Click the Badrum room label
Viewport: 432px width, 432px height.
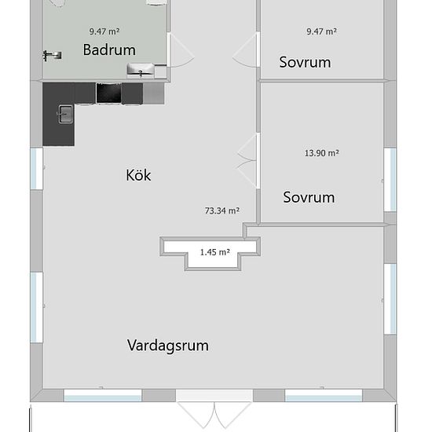pyautogui.click(x=109, y=49)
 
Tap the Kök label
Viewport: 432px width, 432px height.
pyautogui.click(x=138, y=175)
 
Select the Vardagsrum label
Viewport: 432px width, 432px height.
pyautogui.click(x=168, y=346)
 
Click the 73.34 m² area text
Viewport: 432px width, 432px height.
pyautogui.click(x=222, y=211)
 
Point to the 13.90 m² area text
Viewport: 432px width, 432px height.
pyautogui.click(x=322, y=153)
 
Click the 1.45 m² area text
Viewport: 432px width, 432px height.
pyautogui.click(x=215, y=252)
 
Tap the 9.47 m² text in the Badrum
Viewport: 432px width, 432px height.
pyautogui.click(x=104, y=31)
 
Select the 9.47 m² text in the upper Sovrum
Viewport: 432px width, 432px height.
pyautogui.click(x=321, y=31)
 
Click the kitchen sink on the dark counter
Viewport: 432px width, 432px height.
pyautogui.click(x=65, y=114)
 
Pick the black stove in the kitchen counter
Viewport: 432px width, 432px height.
pyautogui.click(x=109, y=93)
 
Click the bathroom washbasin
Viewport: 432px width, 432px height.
pyautogui.click(x=141, y=69)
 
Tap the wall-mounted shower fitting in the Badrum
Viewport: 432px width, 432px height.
pyautogui.click(x=52, y=56)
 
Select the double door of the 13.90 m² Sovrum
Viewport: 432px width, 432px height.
pyautogui.click(x=248, y=161)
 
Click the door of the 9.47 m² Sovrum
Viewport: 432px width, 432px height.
pyautogui.click(x=246, y=49)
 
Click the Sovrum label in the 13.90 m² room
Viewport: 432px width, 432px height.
pyautogui.click(x=309, y=197)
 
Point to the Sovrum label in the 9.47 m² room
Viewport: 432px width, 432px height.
pyautogui.click(x=305, y=62)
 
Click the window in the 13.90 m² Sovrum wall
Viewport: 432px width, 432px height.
pyautogui.click(x=390, y=180)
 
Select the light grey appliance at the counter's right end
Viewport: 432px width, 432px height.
pyautogui.click(x=154, y=93)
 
